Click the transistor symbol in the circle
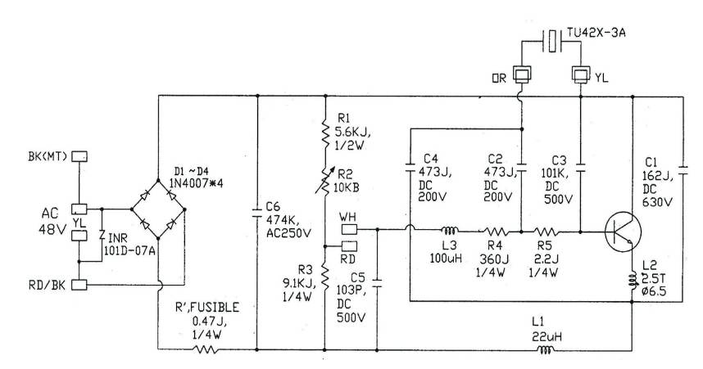coord(623,232)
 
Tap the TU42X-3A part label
coord(596,33)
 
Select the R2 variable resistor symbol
coord(324,178)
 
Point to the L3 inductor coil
coord(449,231)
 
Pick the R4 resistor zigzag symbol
coord(495,232)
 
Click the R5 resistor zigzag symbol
coord(546,232)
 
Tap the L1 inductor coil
coord(546,349)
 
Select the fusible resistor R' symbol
coord(206,349)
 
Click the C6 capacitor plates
coord(257,212)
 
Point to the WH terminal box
coord(349,230)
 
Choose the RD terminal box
coord(349,245)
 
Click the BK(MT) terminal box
coord(79,156)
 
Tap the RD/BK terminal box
coord(79,285)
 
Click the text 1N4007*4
coord(196,182)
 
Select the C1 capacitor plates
coord(683,171)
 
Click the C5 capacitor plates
coord(377,282)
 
